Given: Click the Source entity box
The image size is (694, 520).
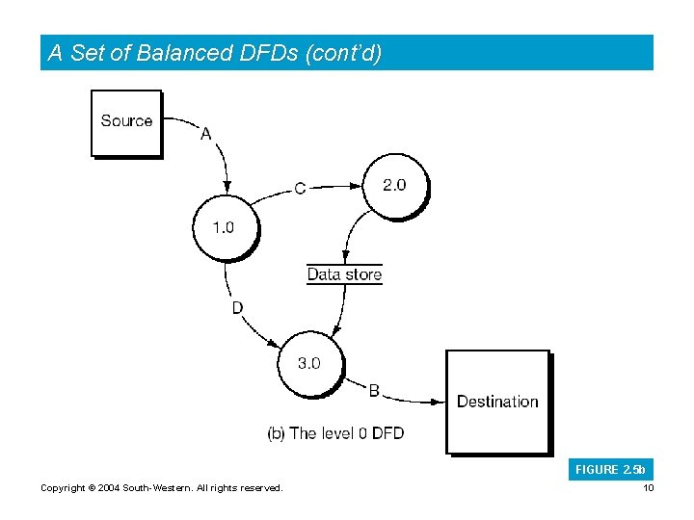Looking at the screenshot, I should click(126, 122).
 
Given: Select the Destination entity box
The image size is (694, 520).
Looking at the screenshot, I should click(497, 401).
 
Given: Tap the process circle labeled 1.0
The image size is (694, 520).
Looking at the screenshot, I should click(224, 228).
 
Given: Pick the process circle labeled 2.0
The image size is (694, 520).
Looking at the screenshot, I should click(394, 186).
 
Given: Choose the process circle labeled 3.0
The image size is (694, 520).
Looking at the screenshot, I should click(308, 363).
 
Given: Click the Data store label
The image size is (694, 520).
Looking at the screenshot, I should click(344, 274).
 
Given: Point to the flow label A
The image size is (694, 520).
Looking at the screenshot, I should click(205, 134).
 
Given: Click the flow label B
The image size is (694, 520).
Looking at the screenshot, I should click(374, 390).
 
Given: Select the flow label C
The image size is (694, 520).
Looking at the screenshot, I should click(300, 189).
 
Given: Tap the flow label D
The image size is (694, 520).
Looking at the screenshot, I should click(236, 308).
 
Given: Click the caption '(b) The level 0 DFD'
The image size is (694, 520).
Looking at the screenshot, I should click(335, 433).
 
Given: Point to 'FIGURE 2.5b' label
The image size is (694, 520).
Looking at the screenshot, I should click(610, 470).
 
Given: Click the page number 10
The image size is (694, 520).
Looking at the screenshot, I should click(648, 488).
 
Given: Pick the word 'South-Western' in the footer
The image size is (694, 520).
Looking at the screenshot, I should click(156, 488).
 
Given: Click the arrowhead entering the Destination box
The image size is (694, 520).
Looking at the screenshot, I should click(439, 401).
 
